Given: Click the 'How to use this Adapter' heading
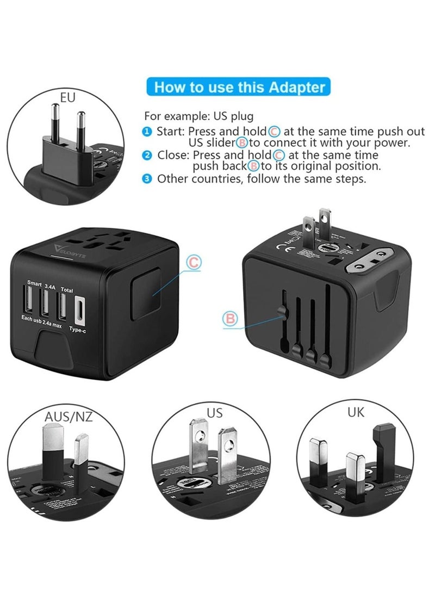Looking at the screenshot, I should [x=240, y=87].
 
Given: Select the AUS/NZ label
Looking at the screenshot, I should [x=68, y=417].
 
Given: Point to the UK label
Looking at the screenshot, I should [x=356, y=412].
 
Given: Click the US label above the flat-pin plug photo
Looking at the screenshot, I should [x=215, y=413].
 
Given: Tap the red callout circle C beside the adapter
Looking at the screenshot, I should [x=194, y=263].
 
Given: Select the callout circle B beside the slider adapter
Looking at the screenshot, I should [x=231, y=319].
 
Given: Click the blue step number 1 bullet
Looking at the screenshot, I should [x=147, y=132].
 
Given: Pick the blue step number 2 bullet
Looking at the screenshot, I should [x=147, y=156].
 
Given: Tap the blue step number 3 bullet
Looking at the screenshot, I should [x=147, y=179].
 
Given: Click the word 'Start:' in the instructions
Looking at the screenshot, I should [x=170, y=132].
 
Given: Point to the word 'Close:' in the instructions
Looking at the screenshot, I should [x=171, y=156].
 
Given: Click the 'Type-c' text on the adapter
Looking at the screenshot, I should [x=78, y=329].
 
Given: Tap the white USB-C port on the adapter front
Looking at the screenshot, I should [x=78, y=307].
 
